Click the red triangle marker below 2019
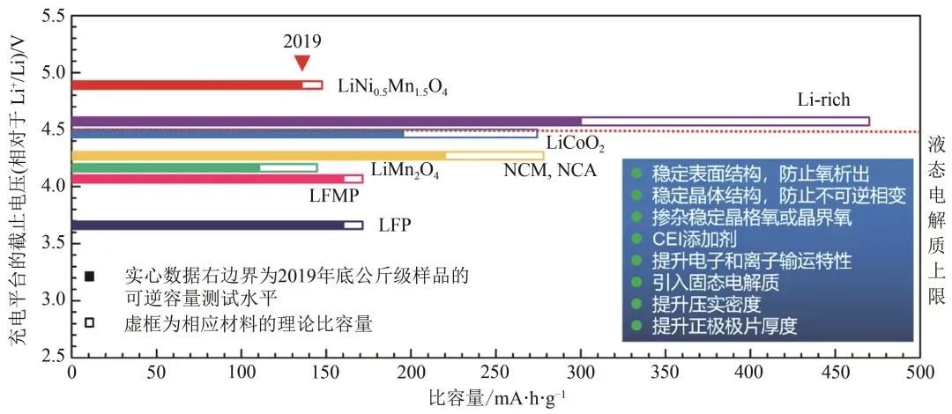click(x=302, y=62)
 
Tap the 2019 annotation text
click(x=302, y=41)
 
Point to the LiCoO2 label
click(x=575, y=143)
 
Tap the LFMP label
click(x=334, y=196)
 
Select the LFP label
click(x=395, y=225)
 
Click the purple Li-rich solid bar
click(x=326, y=121)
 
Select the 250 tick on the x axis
click(x=495, y=374)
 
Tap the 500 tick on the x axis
click(x=919, y=374)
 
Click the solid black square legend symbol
click(x=89, y=277)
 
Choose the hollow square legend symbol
click(x=89, y=322)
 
